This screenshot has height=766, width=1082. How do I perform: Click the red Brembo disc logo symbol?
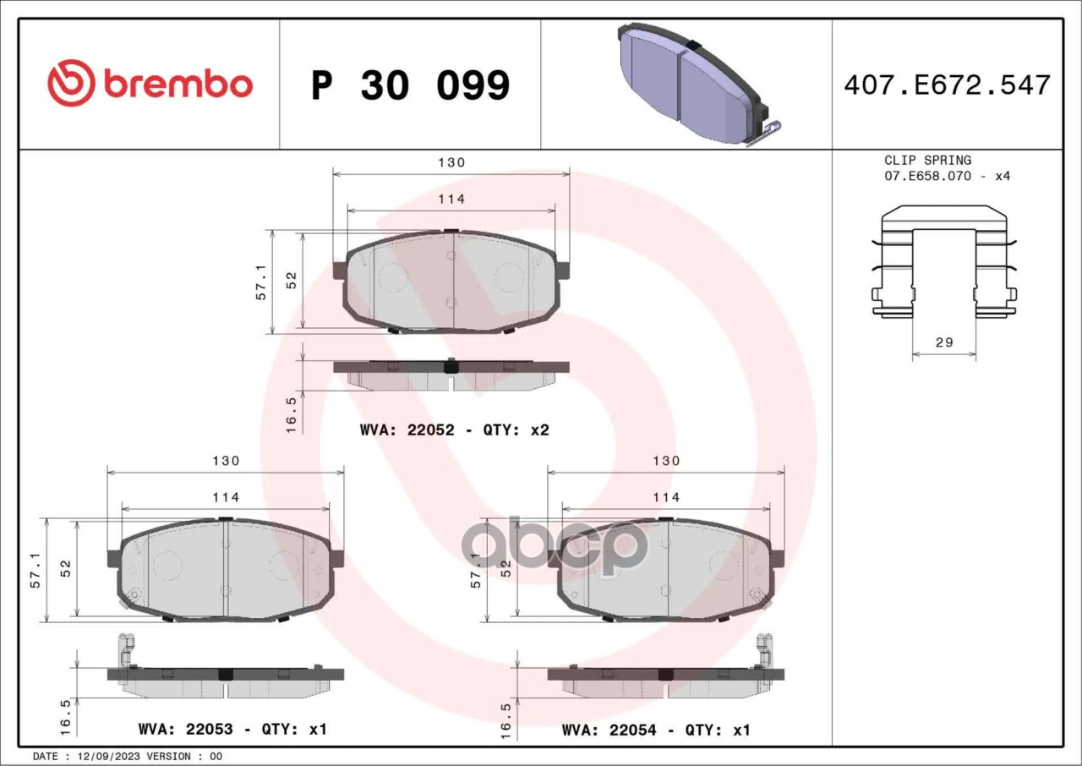pos(71,83)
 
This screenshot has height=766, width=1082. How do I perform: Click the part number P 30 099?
pos(411,85)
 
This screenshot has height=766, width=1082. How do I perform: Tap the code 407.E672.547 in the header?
pos(948,85)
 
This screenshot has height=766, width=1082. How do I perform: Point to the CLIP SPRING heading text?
pos(927,160)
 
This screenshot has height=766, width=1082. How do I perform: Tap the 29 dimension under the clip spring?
pos(944,342)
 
